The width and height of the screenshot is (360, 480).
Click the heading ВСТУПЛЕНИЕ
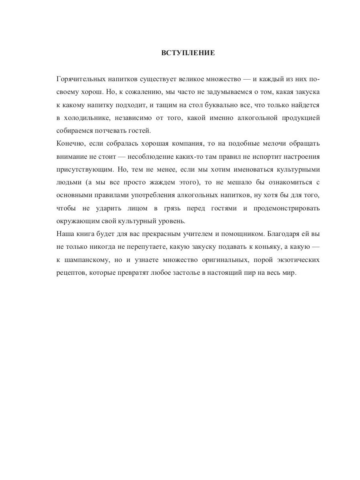click(x=188, y=53)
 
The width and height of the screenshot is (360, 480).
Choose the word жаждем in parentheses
click(x=138, y=182)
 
